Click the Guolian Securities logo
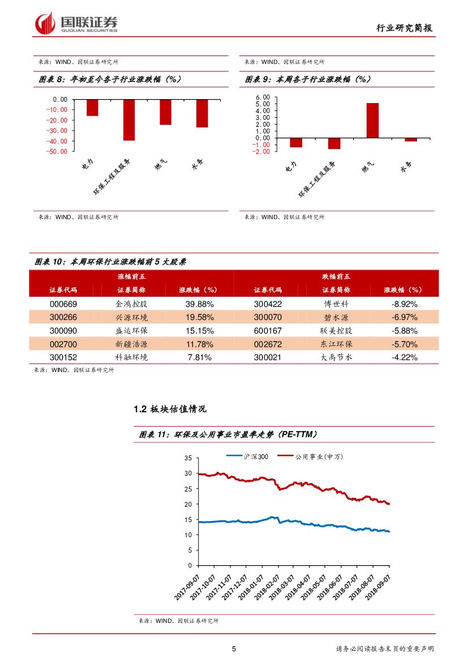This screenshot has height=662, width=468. click(x=76, y=23)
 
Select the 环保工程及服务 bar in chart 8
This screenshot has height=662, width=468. click(x=129, y=120)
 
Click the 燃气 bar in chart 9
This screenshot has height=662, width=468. click(x=372, y=120)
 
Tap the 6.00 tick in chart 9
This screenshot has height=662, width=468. click(x=264, y=97)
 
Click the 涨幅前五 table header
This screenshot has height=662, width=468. click(x=131, y=276)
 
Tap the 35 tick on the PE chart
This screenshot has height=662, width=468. click(x=188, y=458)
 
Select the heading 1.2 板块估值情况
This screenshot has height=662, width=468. click(x=170, y=409)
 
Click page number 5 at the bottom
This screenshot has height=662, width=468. click(x=234, y=649)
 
